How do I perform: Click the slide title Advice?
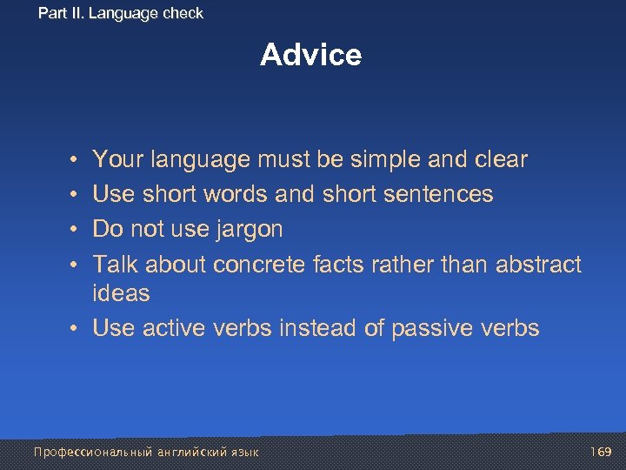pyautogui.click(x=310, y=55)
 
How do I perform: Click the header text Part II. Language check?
pyautogui.click(x=121, y=13)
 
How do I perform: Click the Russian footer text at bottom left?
pyautogui.click(x=146, y=452)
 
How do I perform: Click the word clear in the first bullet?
pyautogui.click(x=500, y=160)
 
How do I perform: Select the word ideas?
pyautogui.click(x=121, y=294)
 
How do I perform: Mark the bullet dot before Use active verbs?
pyautogui.click(x=76, y=329)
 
